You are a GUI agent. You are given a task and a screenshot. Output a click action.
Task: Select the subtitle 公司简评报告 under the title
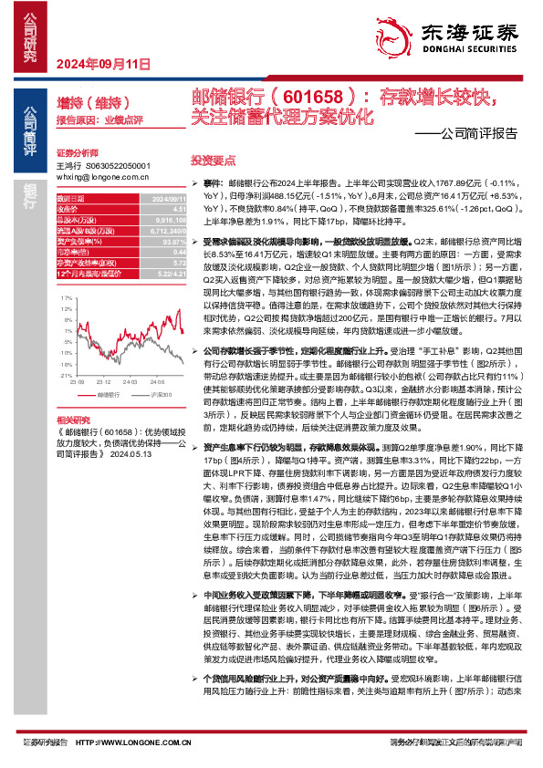pyautogui.click(x=478, y=131)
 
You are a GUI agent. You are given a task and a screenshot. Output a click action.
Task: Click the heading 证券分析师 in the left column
pyautogui.click(x=75, y=152)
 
